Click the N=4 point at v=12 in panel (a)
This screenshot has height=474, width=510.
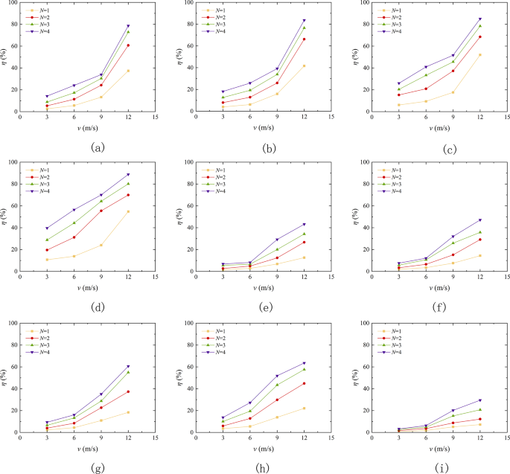(128, 26)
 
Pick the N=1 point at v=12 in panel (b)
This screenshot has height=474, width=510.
(304, 65)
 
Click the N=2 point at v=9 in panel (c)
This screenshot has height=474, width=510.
(453, 71)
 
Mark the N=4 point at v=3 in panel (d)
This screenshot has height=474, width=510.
(47, 228)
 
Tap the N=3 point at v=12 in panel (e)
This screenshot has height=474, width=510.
(304, 234)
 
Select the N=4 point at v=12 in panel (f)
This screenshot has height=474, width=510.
(479, 220)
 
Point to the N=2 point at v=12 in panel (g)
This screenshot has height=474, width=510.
(128, 391)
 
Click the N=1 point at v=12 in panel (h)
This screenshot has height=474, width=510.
(304, 408)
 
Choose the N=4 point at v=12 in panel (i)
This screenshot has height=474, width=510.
(479, 400)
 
